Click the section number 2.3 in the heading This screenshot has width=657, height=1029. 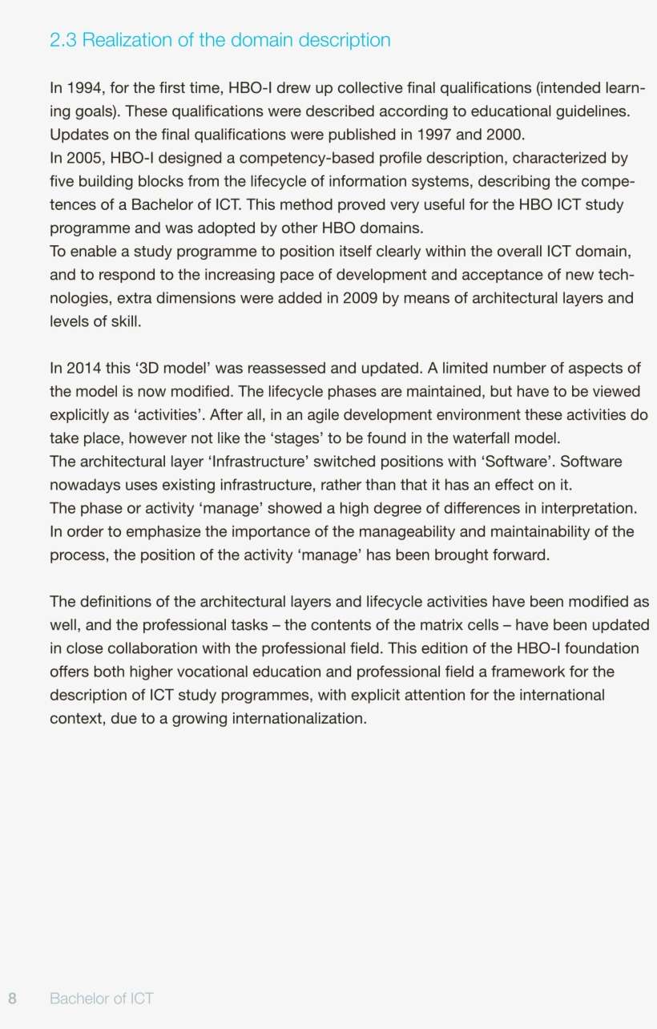tap(63, 40)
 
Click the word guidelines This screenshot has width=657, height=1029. tap(589, 111)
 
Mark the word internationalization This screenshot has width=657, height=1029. tap(299, 718)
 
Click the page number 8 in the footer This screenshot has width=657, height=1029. tap(13, 998)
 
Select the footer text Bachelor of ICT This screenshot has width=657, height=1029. tap(101, 998)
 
